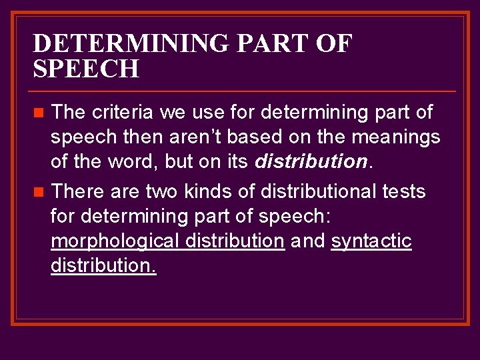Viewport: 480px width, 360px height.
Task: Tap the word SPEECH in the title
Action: [86, 69]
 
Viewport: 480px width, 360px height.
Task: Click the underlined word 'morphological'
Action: [113, 241]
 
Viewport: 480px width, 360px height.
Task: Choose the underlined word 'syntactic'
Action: [371, 241]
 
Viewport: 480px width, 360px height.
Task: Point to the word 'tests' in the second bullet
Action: [403, 192]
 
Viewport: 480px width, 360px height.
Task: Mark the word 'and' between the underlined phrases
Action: [307, 241]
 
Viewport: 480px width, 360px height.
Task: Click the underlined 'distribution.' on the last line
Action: [103, 266]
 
